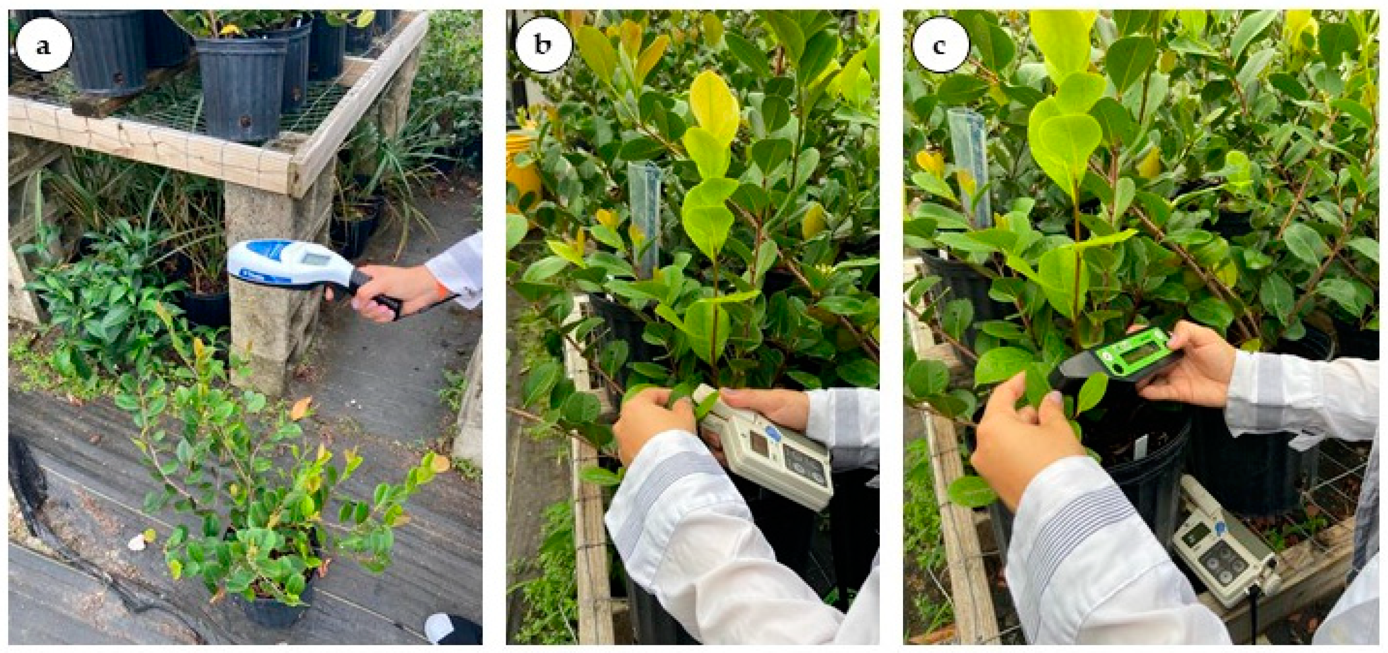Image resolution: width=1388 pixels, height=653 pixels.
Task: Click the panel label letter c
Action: coord(939,47)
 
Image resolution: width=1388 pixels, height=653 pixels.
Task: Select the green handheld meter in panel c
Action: coord(1115,360)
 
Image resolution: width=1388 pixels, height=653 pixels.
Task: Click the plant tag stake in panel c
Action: coord(970,167)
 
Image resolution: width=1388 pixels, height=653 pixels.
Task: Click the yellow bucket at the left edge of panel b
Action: coord(522,167)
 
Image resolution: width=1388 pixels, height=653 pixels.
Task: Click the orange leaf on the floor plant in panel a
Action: coord(301,409)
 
